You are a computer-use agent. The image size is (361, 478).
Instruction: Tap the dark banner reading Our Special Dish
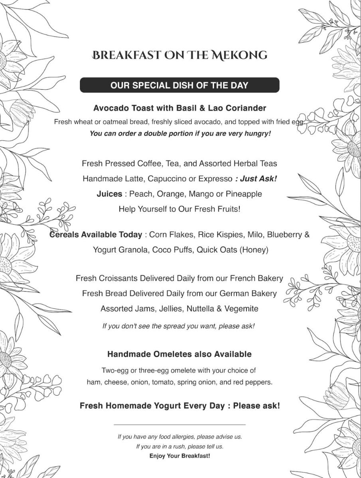pyautogui.click(x=180, y=85)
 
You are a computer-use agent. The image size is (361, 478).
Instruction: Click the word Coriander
pyautogui.click(x=247, y=108)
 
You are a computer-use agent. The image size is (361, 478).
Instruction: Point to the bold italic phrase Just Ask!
pyautogui.click(x=256, y=179)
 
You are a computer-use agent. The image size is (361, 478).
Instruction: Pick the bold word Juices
pyautogui.click(x=109, y=194)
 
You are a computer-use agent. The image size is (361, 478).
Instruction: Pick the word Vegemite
pyautogui.click(x=241, y=309)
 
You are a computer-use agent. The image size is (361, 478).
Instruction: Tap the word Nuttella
pyautogui.click(x=198, y=309)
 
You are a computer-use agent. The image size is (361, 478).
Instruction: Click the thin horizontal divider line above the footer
pyautogui.click(x=180, y=425)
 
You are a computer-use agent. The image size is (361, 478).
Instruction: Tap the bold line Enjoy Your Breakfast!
pyautogui.click(x=180, y=456)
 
